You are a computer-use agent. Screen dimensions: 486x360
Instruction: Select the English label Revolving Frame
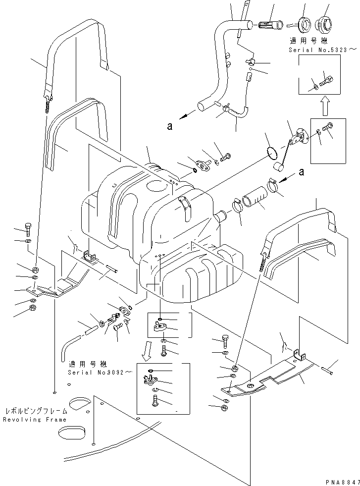[34, 420]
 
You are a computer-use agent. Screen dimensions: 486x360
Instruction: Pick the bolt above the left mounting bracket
[28, 230]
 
